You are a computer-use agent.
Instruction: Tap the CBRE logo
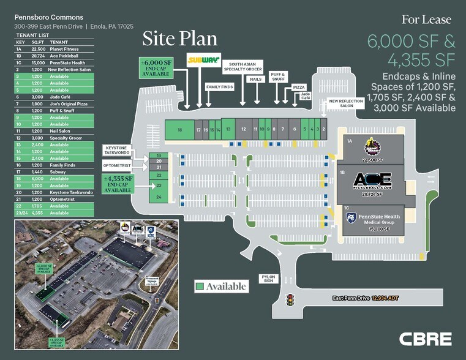click(425, 339)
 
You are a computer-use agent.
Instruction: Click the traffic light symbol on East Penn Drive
click(290, 300)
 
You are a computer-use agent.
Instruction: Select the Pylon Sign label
click(268, 279)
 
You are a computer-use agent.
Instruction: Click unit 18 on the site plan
click(179, 130)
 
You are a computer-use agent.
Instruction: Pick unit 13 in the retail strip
click(228, 129)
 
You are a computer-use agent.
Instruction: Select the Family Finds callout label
click(219, 87)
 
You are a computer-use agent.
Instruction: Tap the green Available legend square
click(200, 286)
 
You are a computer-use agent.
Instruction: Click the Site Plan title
click(179, 39)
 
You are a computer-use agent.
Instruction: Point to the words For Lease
click(426, 20)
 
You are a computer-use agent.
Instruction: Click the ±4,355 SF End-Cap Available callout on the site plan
click(119, 184)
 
